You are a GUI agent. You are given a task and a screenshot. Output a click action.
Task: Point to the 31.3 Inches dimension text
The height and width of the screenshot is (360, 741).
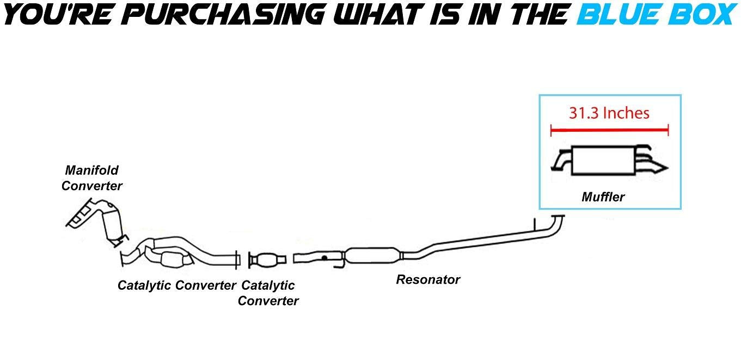609,113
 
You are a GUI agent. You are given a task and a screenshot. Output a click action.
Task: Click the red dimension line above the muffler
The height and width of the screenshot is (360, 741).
609,130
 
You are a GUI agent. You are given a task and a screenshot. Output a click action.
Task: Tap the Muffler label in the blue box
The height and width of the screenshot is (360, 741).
603,197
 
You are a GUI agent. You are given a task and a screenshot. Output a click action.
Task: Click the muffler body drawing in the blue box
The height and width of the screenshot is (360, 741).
603,161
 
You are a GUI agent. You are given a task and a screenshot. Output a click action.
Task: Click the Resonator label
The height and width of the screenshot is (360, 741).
428,280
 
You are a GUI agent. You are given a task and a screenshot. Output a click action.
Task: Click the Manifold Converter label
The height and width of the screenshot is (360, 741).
91,178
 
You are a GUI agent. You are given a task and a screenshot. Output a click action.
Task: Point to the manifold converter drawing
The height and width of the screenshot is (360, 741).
98,221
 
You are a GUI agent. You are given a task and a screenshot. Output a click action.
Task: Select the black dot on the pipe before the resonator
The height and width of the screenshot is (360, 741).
324,257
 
